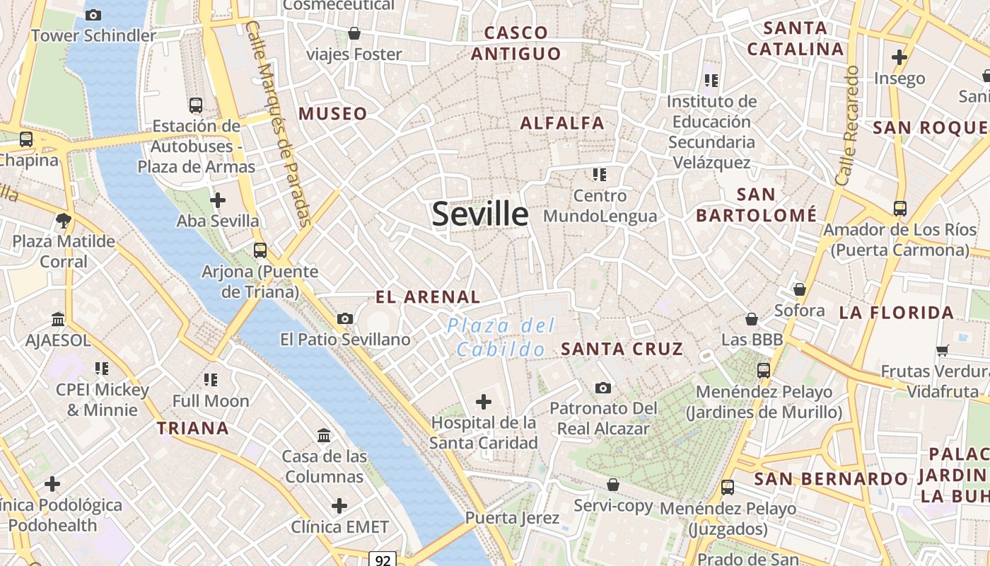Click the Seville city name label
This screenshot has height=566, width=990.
[x=480, y=214]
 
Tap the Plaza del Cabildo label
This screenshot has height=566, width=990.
[x=501, y=337]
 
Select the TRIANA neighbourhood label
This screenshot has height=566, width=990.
[x=193, y=428]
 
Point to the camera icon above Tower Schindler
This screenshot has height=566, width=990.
[x=93, y=15]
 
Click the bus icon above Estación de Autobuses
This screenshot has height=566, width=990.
[x=196, y=106]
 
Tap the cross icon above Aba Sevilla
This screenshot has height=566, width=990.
[x=218, y=200]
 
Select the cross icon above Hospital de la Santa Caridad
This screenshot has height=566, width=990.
[x=484, y=403]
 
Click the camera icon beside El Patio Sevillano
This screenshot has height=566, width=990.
[x=345, y=319]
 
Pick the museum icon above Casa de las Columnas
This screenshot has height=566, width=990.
[x=324, y=435]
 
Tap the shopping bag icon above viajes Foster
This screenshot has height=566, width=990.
[x=354, y=33]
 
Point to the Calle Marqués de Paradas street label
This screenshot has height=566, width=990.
[x=280, y=124]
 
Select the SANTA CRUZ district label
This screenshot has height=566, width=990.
[x=622, y=349]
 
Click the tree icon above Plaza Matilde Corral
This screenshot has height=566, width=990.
[x=64, y=220]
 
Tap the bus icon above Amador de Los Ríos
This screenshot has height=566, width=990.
[x=899, y=209]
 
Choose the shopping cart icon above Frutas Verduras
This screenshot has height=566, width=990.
[x=943, y=350]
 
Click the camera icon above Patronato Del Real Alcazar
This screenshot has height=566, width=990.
[x=603, y=388]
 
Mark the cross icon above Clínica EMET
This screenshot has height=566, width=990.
[x=339, y=506]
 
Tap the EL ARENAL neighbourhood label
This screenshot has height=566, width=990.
[x=428, y=297]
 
